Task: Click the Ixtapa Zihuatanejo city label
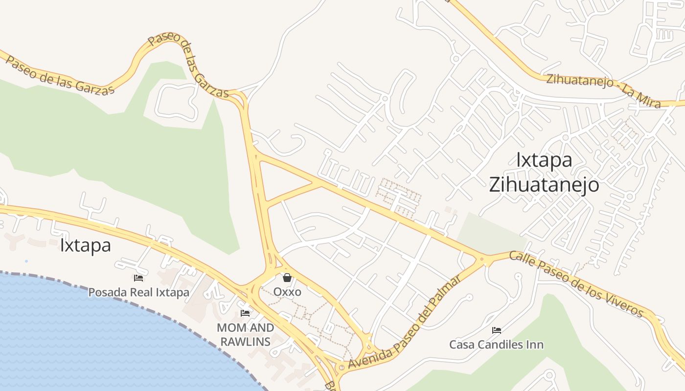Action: click(544, 173)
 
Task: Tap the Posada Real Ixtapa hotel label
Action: click(138, 292)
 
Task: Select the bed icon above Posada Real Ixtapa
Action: click(138, 278)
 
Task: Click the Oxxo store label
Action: click(287, 292)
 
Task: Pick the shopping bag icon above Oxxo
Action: click(287, 278)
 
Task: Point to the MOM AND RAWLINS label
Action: click(245, 334)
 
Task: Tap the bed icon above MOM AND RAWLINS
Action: click(245, 313)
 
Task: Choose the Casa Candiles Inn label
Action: click(496, 345)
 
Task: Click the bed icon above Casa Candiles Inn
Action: click(496, 330)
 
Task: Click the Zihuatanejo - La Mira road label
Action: click(603, 90)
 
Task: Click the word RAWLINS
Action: click(245, 341)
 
